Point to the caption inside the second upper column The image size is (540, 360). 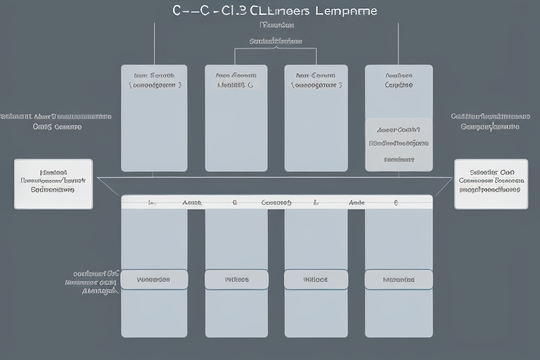(x=236, y=79)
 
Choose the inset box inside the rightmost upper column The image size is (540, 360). (x=399, y=144)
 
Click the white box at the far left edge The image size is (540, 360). (x=53, y=184)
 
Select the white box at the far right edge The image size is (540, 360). (x=490, y=184)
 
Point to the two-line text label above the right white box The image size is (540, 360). (x=490, y=121)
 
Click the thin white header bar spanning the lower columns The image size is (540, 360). (x=277, y=202)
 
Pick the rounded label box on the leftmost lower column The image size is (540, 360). (x=154, y=279)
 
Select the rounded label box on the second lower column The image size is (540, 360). (x=236, y=279)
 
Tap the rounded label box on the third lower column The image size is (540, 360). (x=316, y=279)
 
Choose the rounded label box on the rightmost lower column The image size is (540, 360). (x=399, y=279)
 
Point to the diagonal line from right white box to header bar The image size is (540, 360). (x=443, y=187)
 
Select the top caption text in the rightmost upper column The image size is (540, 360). (x=399, y=79)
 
